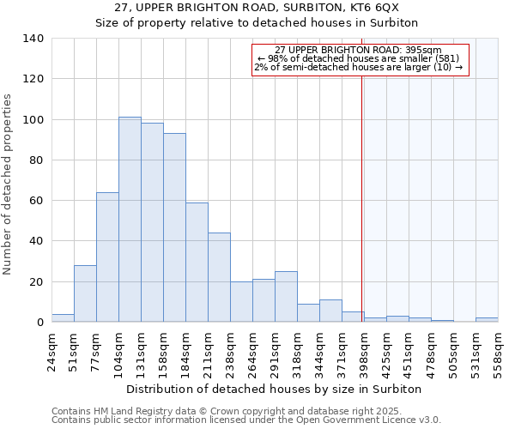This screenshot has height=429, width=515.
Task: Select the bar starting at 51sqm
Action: (x=85, y=293)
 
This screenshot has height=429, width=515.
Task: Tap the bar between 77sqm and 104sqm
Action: (x=107, y=257)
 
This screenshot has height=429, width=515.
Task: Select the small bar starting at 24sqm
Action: (x=63, y=318)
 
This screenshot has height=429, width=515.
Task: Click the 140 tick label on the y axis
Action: (x=33, y=39)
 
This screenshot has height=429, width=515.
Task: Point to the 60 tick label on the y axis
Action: (x=35, y=201)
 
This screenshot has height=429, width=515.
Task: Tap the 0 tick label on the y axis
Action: (x=39, y=323)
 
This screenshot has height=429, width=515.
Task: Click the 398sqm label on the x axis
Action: (x=365, y=353)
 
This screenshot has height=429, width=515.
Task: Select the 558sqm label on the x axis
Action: (x=499, y=353)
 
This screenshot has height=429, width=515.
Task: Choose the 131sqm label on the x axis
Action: (x=142, y=353)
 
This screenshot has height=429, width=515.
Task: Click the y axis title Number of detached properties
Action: (x=9, y=184)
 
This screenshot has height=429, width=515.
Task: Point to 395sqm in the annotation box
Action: (x=424, y=51)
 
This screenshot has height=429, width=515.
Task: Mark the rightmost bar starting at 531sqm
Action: (x=487, y=319)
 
